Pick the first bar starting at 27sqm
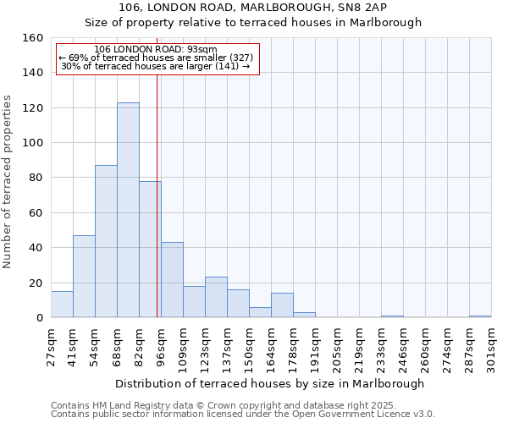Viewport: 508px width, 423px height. point(62,305)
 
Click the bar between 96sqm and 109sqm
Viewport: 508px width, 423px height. point(172,280)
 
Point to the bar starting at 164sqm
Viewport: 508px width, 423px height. point(282,305)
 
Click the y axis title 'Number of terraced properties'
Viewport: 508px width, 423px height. point(8,181)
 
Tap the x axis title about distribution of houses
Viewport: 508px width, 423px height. point(269,383)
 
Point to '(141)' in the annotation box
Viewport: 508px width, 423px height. point(228,66)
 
